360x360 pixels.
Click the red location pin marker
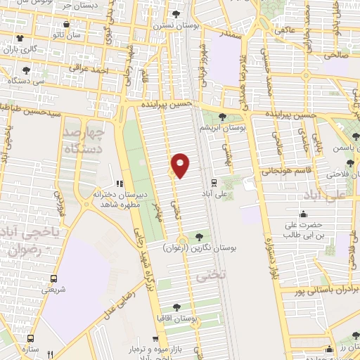coord(181,164)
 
